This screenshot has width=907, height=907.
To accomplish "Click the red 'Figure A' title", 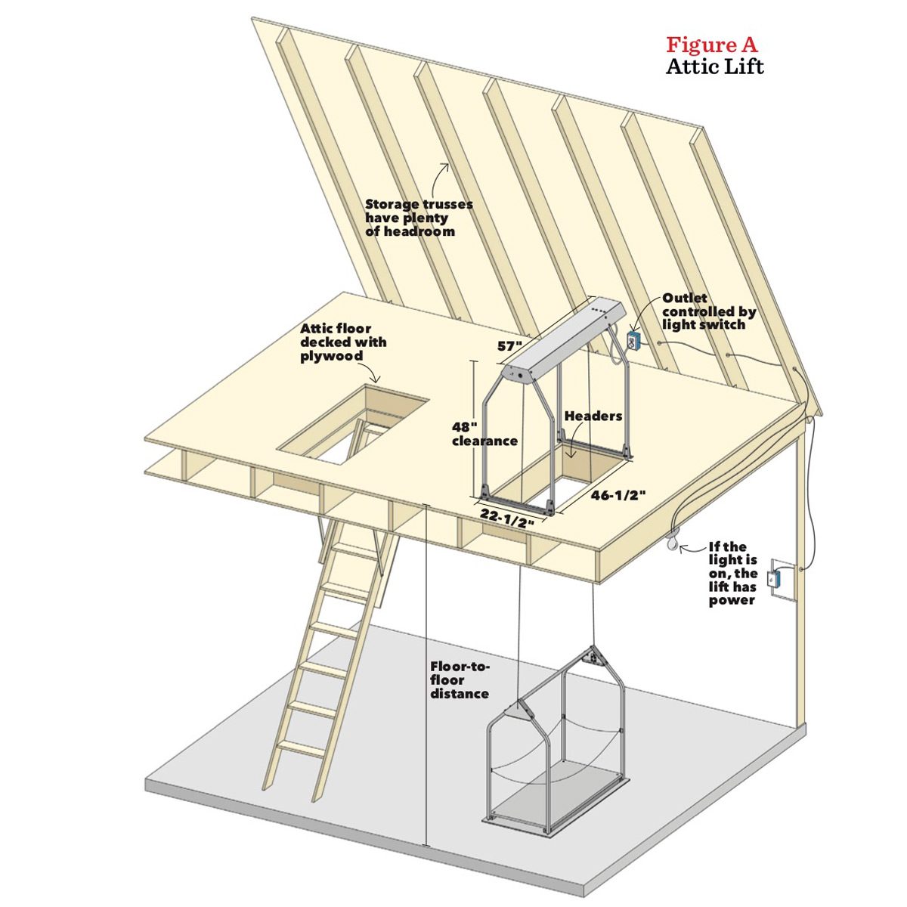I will (711, 45).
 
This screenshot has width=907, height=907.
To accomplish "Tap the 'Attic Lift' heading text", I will (714, 67).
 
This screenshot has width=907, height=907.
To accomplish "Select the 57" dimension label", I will (509, 346).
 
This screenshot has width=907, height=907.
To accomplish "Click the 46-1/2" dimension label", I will (618, 495).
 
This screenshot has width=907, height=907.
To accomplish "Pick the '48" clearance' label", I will (484, 433).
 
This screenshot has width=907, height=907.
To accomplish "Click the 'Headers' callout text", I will (593, 416).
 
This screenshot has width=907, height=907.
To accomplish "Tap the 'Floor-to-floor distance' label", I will (460, 679).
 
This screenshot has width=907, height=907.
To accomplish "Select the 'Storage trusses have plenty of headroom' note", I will (419, 218).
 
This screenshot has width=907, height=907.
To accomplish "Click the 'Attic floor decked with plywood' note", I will (343, 342).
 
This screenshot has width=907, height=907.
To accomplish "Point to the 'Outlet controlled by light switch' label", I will (708, 311).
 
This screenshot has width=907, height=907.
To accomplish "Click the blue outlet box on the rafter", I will (633, 340).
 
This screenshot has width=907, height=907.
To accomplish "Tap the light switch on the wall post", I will (773, 580).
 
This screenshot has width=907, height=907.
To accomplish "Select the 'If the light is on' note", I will (732, 573).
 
